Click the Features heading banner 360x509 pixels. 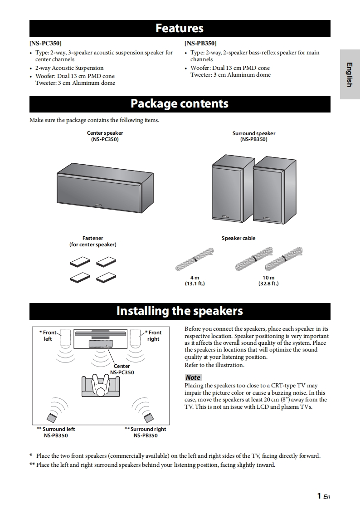tap(180, 29)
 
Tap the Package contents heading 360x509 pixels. tap(180, 104)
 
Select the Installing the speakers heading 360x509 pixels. tap(180, 311)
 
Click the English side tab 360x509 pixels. tap(350, 74)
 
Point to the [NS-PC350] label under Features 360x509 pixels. tap(45, 44)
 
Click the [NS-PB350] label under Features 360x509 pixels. tap(200, 44)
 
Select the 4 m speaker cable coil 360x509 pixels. tap(194, 259)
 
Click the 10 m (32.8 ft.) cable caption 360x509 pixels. tap(268, 280)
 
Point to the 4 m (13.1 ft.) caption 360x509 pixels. tap(195, 280)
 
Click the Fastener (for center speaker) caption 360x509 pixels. tap(92, 241)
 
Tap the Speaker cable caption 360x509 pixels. tap(238, 238)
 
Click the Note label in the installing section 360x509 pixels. tap(193, 377)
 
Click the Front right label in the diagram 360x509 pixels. tap(154, 336)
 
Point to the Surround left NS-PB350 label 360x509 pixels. tap(56, 432)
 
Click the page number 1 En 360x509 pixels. tap(323, 496)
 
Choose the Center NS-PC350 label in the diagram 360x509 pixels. tap(122, 369)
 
